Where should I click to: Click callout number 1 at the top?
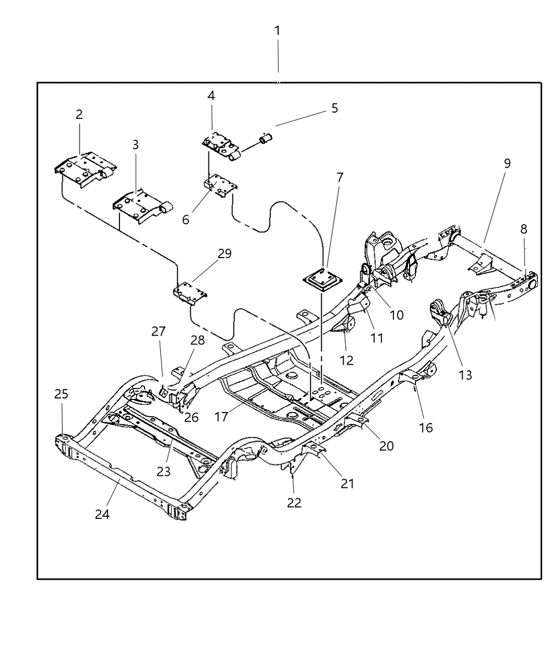point(278,31)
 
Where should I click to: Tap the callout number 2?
point(79,114)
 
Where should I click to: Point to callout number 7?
point(340,177)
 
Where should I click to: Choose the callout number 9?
point(507,163)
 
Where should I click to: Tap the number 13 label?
point(465,374)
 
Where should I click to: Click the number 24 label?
point(102,514)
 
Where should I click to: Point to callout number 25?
point(61,394)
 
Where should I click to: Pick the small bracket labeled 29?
point(189,292)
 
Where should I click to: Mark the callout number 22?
point(294,502)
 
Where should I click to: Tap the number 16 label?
point(426,427)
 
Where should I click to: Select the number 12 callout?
point(346,360)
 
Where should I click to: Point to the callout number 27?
point(158,331)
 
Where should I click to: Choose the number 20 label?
point(386,446)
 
